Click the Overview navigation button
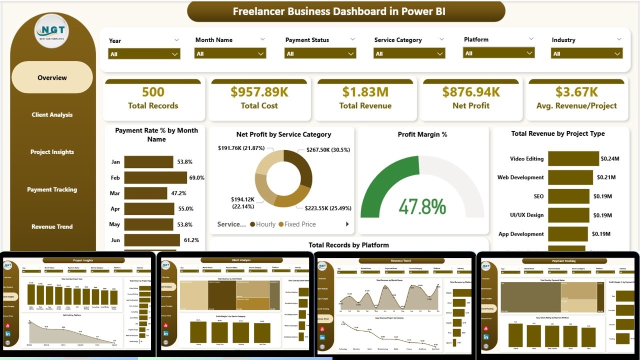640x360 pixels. pyautogui.click(x=52, y=77)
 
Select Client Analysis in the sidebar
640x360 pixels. pyautogui.click(x=52, y=114)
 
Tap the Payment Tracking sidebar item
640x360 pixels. pyautogui.click(x=52, y=189)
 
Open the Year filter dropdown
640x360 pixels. pyautogui.click(x=144, y=54)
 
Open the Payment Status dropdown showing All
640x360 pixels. pyautogui.click(x=320, y=53)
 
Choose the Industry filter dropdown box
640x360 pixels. pyautogui.click(x=587, y=53)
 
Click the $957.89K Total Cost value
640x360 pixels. pyautogui.click(x=259, y=92)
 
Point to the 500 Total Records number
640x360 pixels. pyautogui.click(x=153, y=92)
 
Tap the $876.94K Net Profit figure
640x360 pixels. pyautogui.click(x=471, y=92)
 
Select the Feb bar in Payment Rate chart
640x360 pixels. pyautogui.click(x=155, y=177)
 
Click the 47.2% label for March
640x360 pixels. pyautogui.click(x=178, y=193)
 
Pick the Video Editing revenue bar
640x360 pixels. pyautogui.click(x=573, y=158)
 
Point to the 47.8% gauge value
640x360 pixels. pyautogui.click(x=422, y=206)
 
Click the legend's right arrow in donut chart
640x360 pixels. pyautogui.click(x=347, y=224)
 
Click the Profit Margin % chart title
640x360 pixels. pyautogui.click(x=422, y=134)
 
